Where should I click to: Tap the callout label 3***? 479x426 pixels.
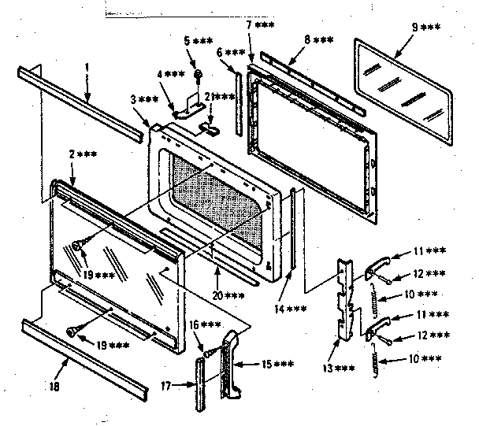(144, 100)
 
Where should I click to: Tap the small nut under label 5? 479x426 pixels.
(201, 75)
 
